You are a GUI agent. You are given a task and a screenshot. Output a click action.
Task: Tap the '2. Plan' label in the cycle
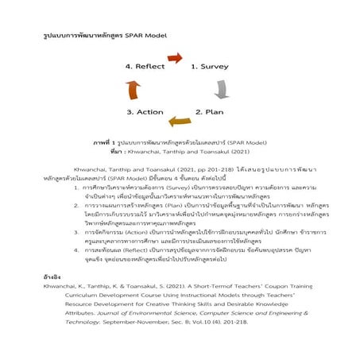210,112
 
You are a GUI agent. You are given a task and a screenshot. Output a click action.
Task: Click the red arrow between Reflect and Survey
178,61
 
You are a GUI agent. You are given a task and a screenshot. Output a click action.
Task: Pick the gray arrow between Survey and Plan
223,88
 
